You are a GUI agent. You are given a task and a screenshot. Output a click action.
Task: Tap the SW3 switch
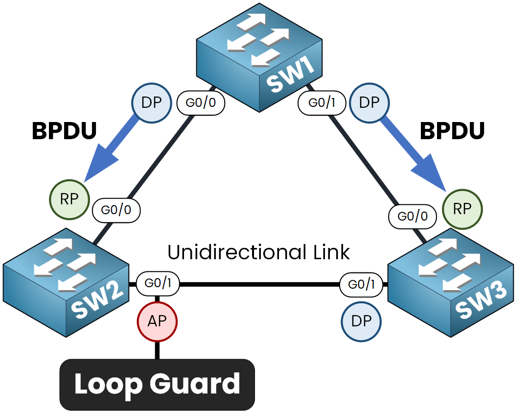(450, 282)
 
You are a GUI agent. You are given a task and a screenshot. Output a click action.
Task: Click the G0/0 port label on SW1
(201, 103)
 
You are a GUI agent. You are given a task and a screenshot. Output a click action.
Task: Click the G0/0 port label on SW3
(413, 216)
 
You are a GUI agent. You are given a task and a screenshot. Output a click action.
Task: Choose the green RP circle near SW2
(69, 200)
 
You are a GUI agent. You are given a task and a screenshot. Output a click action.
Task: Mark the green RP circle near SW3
(462, 209)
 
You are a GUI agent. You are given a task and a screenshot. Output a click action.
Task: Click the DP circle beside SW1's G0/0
(152, 103)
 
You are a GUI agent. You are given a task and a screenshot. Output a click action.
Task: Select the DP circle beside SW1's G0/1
(369, 103)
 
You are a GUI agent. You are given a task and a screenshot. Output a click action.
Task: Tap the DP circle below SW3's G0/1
(361, 321)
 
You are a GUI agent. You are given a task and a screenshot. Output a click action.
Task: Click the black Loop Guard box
(157, 385)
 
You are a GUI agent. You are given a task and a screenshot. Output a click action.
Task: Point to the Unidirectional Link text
(258, 252)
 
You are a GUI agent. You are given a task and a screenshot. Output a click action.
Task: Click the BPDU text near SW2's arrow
(64, 131)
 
